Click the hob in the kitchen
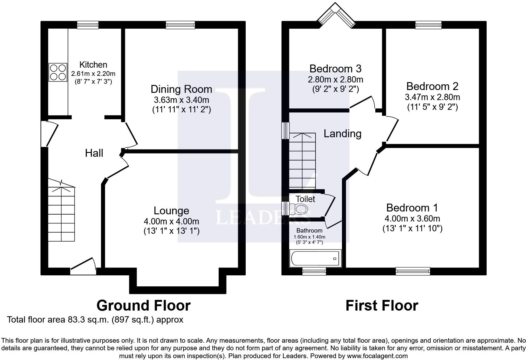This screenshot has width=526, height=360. coord(58,72)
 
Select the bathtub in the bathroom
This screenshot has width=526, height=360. coord(315,258)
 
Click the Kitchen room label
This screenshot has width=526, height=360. coord(93,65)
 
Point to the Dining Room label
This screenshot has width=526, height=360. coord(181,89)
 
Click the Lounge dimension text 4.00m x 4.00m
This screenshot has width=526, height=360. coord(171,221)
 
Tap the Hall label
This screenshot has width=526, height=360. coord(94,153)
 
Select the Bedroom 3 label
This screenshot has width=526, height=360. coord(335,69)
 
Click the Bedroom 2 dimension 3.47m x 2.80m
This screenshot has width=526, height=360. coord(432,97)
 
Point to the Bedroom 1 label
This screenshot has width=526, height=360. coord(412,208)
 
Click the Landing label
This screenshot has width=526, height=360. coord(342,134)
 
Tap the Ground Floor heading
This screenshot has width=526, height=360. coord(143,306)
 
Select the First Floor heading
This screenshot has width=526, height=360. coord(382,306)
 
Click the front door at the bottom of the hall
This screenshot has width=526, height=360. coord(83,267)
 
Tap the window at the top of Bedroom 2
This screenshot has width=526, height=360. coord(428,25)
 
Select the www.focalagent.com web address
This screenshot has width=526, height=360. coord(377,356)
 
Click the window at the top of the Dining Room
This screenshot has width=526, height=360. coord(180,25)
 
